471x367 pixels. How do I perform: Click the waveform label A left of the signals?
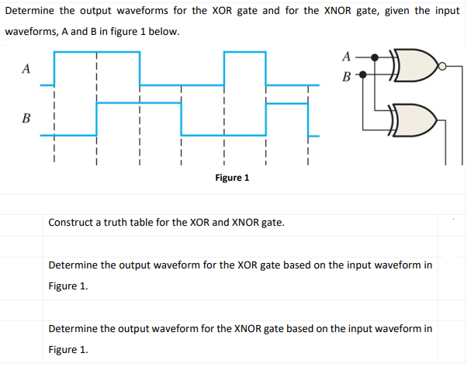26,69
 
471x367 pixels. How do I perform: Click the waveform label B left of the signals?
26,119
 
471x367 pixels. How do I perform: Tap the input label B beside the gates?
346,77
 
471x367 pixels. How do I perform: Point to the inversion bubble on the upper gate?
442,66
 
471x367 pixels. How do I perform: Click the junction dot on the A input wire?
376,57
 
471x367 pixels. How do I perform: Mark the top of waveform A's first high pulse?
97,52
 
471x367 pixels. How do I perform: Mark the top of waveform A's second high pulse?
244,52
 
